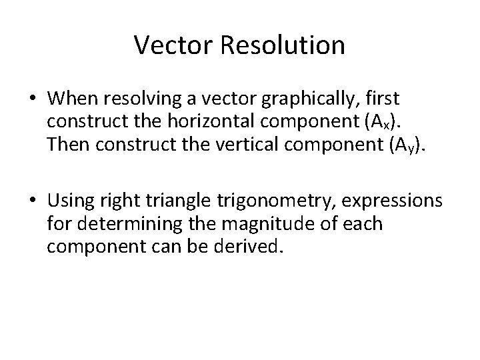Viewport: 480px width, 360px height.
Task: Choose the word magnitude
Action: [x=269, y=224]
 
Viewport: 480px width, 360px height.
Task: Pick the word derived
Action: [x=257, y=248]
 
